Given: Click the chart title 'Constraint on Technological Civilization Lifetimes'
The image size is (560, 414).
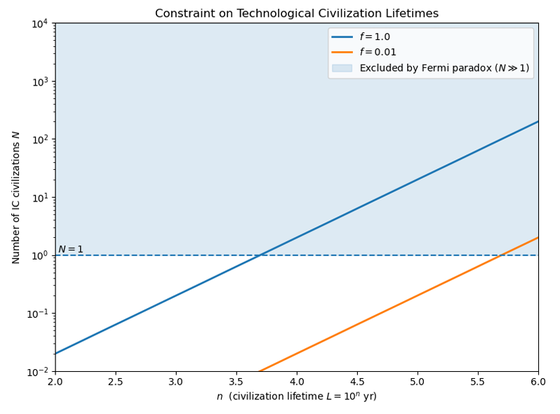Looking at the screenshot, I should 296,13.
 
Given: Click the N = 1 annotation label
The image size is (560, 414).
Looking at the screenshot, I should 70,249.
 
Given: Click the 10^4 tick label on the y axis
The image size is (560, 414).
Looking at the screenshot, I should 39,23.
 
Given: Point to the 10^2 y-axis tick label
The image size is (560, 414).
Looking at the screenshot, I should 39,139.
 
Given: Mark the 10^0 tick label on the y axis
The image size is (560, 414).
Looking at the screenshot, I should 39,255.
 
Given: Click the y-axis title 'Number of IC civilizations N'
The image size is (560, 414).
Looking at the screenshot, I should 15,197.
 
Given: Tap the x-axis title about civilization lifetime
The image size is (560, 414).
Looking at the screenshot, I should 296,396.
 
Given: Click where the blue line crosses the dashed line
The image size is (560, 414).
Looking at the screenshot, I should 261,255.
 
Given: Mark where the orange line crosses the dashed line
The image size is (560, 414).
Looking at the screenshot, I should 502,255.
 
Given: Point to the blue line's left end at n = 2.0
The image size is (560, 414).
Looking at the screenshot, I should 55,354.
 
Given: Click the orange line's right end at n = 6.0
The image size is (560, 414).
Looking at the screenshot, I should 538,237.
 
